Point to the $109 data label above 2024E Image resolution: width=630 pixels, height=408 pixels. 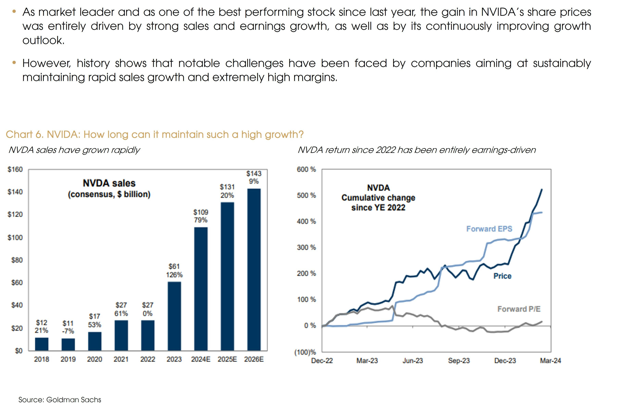(x=201, y=212)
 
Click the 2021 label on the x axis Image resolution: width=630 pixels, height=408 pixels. (x=121, y=359)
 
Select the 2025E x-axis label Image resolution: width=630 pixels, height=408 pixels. (x=227, y=359)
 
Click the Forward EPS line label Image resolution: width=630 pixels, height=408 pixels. (x=489, y=229)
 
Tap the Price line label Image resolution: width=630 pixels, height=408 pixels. (x=502, y=276)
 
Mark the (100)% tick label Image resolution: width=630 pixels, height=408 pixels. (x=305, y=352)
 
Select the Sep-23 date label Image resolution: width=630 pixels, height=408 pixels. (x=459, y=361)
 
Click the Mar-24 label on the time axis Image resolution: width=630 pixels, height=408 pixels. (x=550, y=361)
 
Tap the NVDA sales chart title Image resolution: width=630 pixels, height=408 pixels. (x=109, y=183)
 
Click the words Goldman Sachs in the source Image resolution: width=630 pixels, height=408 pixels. (x=74, y=400)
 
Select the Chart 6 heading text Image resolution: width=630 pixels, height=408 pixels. (x=155, y=135)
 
